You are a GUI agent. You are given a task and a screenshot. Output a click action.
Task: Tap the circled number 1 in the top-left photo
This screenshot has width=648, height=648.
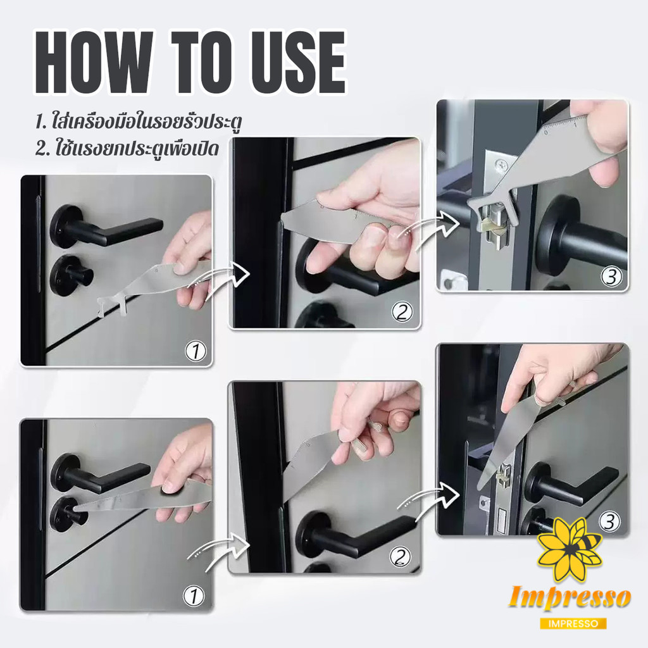pos(195,351)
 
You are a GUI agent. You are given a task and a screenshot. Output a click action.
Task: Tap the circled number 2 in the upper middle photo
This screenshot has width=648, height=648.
pos(402,313)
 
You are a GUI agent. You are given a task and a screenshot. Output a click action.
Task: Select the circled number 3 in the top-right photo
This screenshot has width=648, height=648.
pos(612,276)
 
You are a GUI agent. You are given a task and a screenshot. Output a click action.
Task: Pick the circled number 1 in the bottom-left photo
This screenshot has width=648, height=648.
pos(194,595)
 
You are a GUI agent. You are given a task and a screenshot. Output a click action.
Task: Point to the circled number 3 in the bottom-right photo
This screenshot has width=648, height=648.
pos(609,521)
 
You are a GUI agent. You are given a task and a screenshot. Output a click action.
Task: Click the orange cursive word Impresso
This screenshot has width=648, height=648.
pos(570,598)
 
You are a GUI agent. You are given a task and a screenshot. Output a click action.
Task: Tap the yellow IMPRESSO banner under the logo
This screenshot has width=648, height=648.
pos(572,623)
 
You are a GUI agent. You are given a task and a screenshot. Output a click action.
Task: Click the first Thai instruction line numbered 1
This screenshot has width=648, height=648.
pos(139,122)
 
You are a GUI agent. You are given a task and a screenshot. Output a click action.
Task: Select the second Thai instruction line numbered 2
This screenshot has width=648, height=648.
pos(127,148)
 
